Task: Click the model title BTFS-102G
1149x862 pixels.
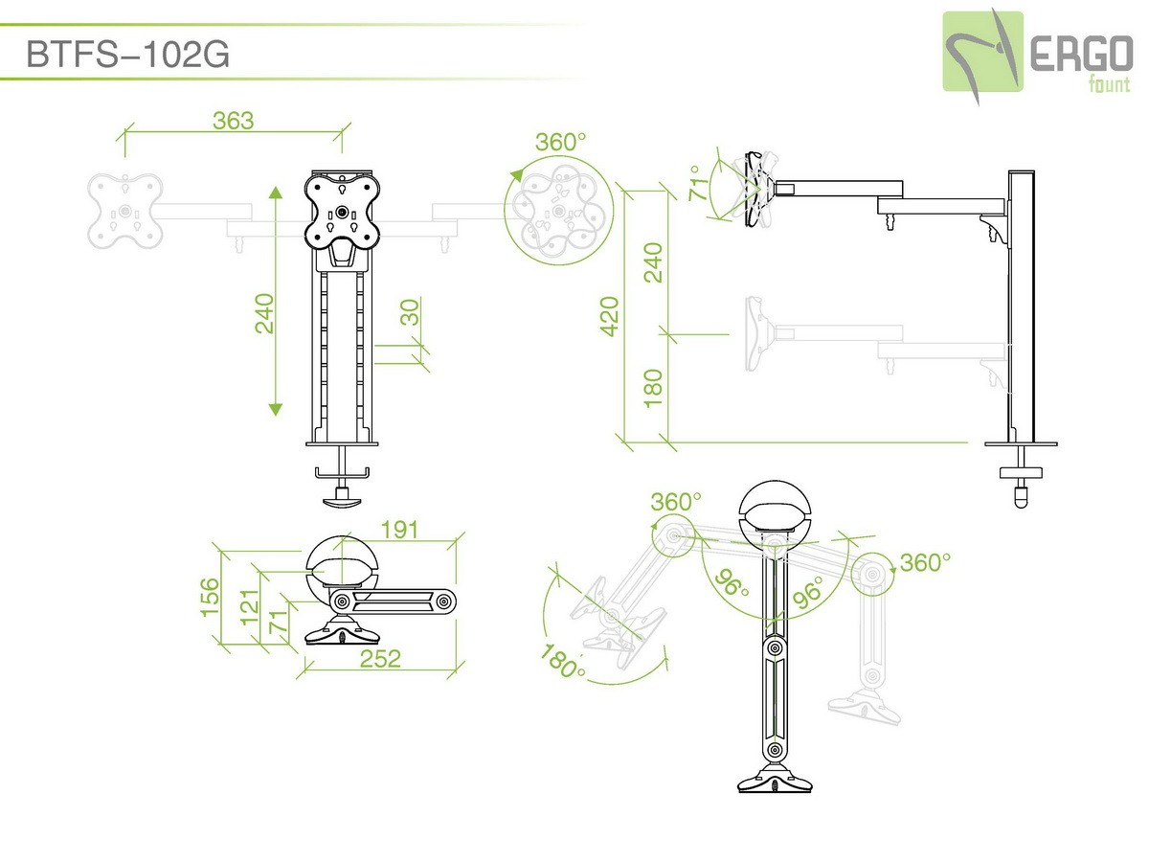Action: pos(127,54)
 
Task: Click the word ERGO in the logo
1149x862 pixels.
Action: pos(1081,54)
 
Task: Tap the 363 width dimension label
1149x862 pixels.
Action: pos(234,121)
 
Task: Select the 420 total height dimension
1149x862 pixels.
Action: pos(609,316)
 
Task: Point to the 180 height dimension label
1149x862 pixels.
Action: pos(653,388)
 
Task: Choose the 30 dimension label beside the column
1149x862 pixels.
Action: pos(411,312)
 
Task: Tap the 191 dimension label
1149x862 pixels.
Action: pos(399,531)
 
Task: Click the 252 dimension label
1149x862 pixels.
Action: pos(380,659)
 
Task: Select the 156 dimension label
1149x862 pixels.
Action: pos(210,597)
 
